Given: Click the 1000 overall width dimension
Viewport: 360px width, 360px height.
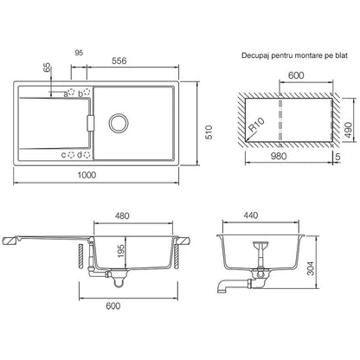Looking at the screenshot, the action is [x=87, y=175].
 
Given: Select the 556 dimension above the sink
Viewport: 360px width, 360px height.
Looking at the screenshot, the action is [x=119, y=61].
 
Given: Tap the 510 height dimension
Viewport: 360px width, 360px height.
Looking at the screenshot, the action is [x=209, y=132].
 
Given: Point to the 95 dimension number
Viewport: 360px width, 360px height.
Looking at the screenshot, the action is [x=79, y=53].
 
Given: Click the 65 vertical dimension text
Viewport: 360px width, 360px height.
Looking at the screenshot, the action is [x=47, y=69].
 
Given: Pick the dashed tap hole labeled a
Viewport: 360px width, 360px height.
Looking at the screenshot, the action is [x=71, y=93].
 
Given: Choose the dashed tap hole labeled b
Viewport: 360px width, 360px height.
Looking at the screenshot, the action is [x=87, y=93].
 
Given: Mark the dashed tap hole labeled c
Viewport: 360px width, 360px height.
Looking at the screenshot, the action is [x=71, y=155].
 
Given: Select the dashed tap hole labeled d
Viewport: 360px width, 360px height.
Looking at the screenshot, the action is [x=87, y=155].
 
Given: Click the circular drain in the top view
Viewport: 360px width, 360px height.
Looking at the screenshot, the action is [x=118, y=123].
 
